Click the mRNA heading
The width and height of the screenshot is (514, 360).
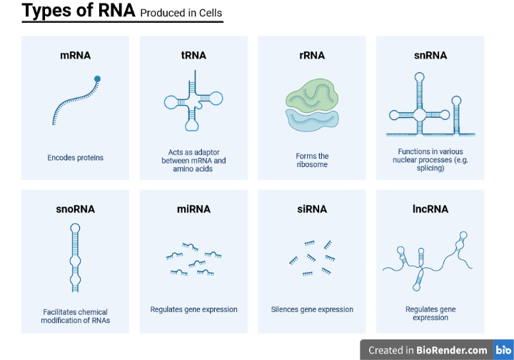pos(75,55)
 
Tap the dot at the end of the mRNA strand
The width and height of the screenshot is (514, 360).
pos(97,79)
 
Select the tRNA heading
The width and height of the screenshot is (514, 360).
pos(193,55)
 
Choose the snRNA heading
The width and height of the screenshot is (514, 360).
pos(430,55)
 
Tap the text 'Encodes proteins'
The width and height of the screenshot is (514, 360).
pos(75,158)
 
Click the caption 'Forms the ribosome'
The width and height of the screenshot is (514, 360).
pos(312,160)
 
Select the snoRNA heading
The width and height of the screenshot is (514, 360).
pos(75,209)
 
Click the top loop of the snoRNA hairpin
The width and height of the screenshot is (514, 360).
pos(75,228)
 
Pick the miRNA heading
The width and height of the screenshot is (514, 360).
pos(193,209)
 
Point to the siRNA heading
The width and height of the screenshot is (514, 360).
pos(312,209)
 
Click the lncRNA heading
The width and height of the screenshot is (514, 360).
pos(430,209)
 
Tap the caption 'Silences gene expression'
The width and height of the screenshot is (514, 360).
pos(312,309)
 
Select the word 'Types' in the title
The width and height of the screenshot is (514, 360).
pos(47,11)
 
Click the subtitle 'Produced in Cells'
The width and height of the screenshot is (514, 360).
pos(181,13)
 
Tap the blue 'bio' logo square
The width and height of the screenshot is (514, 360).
pos(503,350)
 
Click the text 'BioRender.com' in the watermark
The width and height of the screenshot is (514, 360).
pos(452,350)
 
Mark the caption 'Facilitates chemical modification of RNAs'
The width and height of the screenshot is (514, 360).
pos(75,316)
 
